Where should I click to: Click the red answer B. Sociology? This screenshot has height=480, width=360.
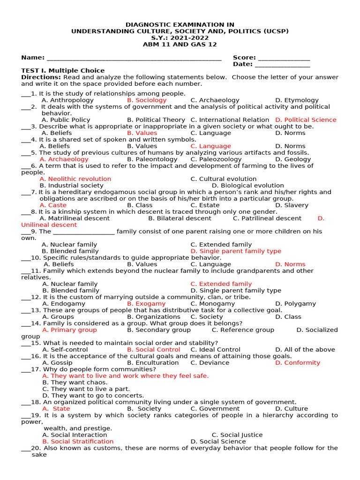click(147, 100)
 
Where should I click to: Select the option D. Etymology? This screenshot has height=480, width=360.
click(297, 100)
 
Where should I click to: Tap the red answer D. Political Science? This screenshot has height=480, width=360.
click(306, 120)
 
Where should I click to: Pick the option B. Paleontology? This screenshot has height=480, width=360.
click(152, 159)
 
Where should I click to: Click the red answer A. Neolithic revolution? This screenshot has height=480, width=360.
click(75, 179)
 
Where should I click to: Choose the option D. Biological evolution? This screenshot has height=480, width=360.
click(247, 186)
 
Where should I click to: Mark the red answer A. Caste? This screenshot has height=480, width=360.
click(53, 205)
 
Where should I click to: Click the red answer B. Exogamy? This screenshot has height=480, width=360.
click(146, 304)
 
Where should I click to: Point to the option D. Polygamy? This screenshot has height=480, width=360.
click(295, 304)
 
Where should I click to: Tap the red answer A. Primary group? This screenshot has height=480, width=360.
click(69, 330)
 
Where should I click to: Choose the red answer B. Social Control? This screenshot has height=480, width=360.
click(153, 350)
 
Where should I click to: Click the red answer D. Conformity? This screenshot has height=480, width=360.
click(298, 363)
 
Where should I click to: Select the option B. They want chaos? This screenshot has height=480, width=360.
click(75, 382)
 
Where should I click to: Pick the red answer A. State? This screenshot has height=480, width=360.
click(56, 409)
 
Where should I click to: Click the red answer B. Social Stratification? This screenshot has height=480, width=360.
click(78, 442)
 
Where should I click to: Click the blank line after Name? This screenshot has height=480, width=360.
click(134, 58)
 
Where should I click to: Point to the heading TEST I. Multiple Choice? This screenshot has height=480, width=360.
click(63, 71)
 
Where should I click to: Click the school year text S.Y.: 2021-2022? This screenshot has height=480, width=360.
click(180, 38)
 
